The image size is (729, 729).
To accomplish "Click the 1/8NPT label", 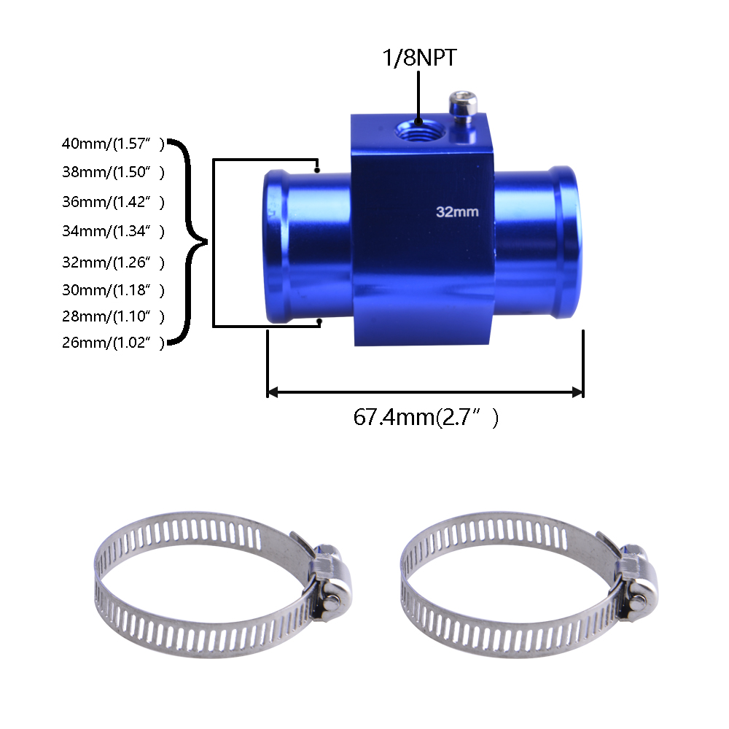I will click(x=419, y=58).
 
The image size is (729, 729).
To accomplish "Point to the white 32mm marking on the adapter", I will click(x=457, y=212).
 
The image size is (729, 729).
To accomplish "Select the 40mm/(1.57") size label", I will click(x=113, y=144).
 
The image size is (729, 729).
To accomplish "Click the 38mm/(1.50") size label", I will click(x=113, y=173).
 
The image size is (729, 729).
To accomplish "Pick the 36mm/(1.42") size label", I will click(x=113, y=202).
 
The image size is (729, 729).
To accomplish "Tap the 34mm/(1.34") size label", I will click(x=113, y=232).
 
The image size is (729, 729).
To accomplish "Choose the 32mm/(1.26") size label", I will click(x=113, y=262).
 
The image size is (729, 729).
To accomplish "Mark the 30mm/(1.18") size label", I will click(x=113, y=289).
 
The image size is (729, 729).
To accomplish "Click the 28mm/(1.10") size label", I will click(x=113, y=316).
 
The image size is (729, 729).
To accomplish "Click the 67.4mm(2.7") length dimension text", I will click(x=426, y=418).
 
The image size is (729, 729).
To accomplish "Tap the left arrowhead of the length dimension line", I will click(x=273, y=392).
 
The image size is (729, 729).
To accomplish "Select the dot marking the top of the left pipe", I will click(x=319, y=170).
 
